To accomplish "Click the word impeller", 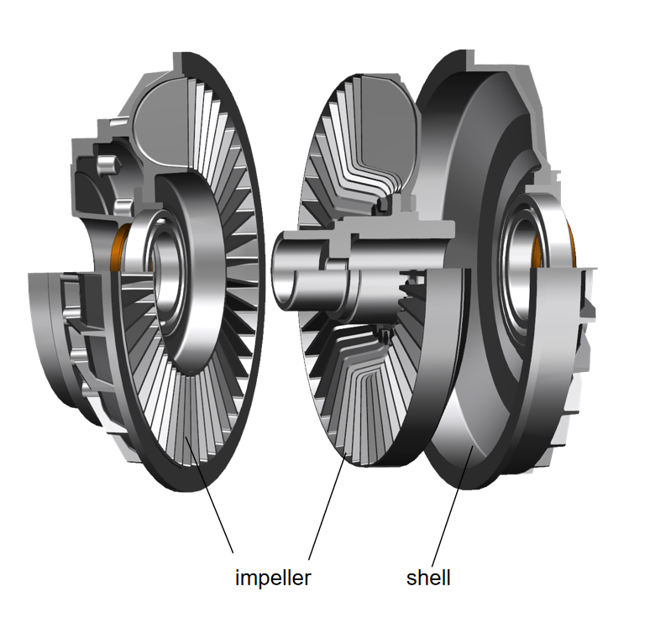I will (273, 578).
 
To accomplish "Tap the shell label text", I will (428, 578).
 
